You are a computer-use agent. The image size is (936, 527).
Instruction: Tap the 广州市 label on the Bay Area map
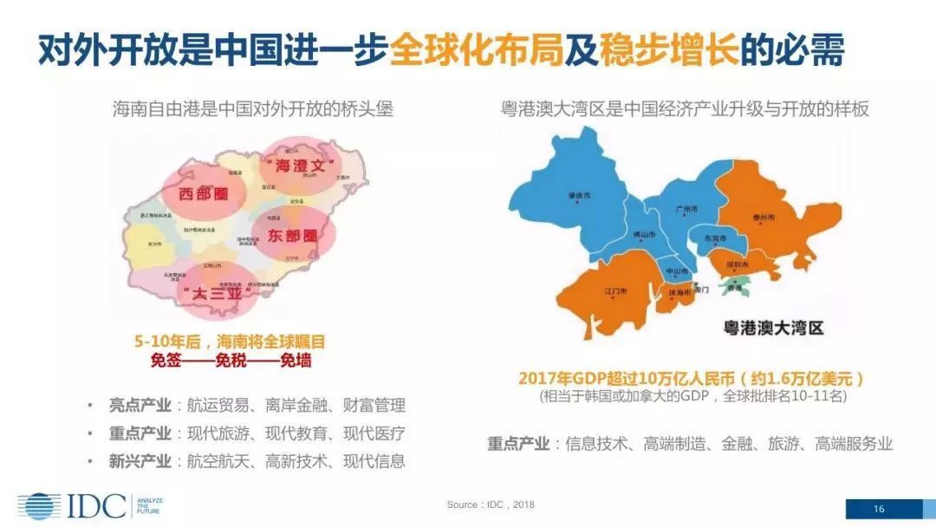687,209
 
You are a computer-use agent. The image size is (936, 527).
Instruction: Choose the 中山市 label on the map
677,271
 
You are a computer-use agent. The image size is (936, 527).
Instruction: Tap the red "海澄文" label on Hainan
297,164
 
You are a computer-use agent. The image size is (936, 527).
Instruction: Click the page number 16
879,509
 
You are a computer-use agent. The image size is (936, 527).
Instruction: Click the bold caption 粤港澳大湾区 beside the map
773,328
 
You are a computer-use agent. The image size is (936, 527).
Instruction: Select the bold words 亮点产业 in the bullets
140,405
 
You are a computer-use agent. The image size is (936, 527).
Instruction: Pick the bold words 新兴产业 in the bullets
140,461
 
